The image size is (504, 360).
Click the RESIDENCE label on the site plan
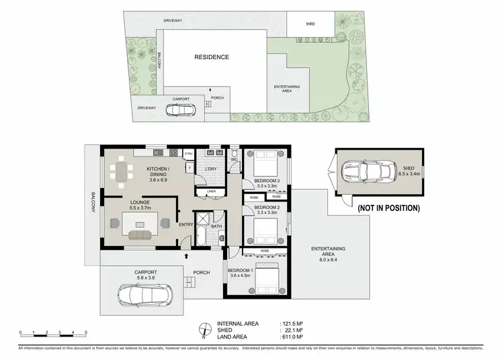coord(212,57)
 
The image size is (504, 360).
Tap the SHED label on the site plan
coord(310,24)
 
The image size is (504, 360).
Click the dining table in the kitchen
coord(120,171)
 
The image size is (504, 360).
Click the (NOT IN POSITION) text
coord(388,208)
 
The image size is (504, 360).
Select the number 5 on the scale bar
coord(86,332)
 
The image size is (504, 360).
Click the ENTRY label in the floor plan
coord(186,224)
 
